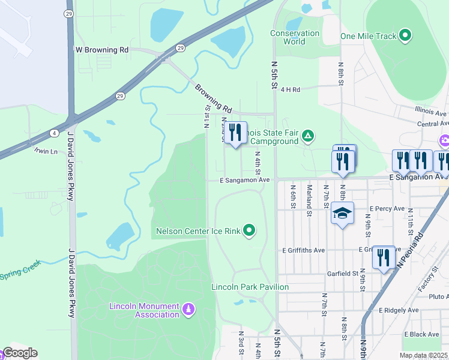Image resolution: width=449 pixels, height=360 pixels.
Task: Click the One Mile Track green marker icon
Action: pyautogui.click(x=406, y=36)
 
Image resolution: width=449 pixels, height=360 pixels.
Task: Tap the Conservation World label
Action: pyautogui.click(x=295, y=37)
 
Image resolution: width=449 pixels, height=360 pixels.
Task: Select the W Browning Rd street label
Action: pyautogui.click(x=101, y=50)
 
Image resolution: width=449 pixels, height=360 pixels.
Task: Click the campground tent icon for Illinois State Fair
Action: pyautogui.click(x=307, y=136)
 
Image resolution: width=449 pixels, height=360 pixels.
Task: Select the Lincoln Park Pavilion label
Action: pyautogui.click(x=250, y=287)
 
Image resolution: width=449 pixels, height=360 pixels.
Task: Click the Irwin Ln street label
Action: pyautogui.click(x=46, y=151)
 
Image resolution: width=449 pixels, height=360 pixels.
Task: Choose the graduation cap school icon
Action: pyautogui.click(x=342, y=214)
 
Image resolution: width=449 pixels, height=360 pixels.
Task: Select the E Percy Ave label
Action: pyautogui.click(x=388, y=208)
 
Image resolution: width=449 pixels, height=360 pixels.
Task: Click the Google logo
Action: pyautogui.click(x=20, y=353)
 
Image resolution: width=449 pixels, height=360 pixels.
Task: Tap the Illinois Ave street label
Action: pyautogui.click(x=430, y=112)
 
